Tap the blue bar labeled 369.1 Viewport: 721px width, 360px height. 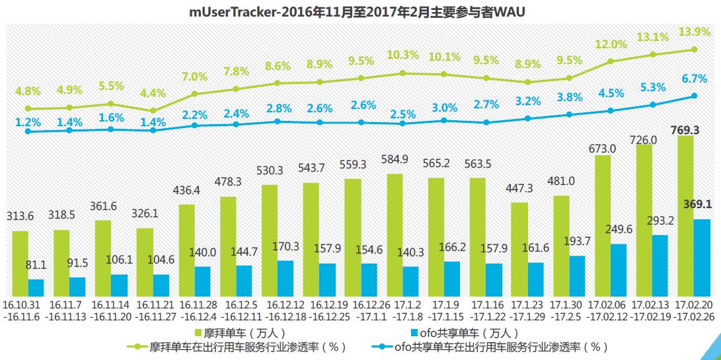[702, 258]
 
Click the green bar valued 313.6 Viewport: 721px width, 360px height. [20, 264]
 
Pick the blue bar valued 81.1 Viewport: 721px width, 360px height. [36, 288]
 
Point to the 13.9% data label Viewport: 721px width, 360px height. [695, 31]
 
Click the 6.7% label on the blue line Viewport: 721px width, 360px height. [695, 79]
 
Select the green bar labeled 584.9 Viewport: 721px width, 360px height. [395, 235]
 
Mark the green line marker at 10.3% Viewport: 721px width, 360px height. [402, 73]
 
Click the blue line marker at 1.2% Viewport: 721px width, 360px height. [28, 131]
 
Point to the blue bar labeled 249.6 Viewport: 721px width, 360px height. [619, 270]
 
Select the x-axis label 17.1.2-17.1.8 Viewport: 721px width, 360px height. [402, 312]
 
